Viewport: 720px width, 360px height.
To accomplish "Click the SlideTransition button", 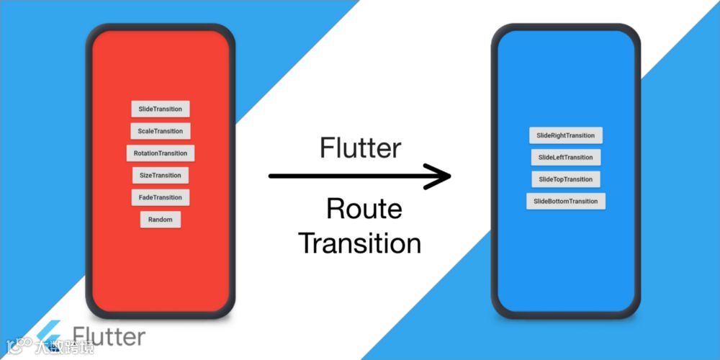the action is point(160,109).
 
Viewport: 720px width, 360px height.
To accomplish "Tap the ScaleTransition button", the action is point(161,131).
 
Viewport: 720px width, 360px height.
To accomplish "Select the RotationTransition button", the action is point(160,153).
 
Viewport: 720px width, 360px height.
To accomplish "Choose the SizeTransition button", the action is point(161,175).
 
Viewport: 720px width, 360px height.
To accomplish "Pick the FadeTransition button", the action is point(161,197).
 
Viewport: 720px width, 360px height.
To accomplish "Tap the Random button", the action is point(161,220).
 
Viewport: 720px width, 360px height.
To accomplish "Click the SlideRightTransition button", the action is point(566,135).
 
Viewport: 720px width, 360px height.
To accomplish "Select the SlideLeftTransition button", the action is point(566,157).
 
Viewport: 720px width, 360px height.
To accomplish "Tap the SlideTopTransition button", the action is point(566,179).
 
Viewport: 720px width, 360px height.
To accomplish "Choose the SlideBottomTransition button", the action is point(566,202).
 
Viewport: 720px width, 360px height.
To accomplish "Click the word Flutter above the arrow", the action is point(360,148).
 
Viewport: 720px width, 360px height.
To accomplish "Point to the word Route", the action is point(364,210).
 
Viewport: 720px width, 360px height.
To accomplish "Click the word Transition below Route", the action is point(360,243).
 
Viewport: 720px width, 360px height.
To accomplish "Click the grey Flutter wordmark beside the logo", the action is point(109,337).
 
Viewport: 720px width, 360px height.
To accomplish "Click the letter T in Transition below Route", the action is point(307,243).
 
